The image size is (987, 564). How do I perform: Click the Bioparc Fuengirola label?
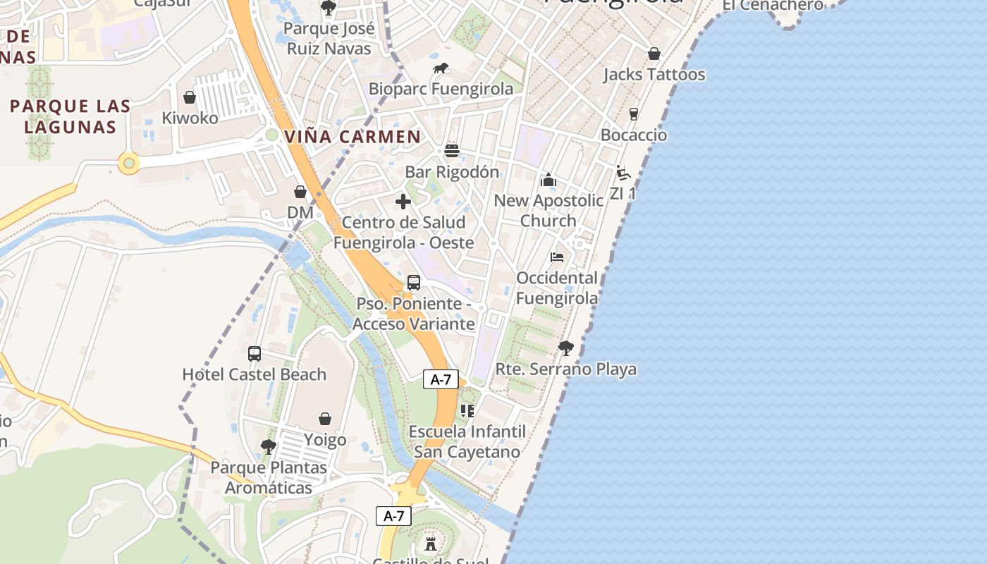441,89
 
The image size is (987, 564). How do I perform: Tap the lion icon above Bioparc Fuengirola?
441,68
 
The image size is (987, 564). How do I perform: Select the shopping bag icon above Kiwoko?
190,97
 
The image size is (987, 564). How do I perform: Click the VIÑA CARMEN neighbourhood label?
352,137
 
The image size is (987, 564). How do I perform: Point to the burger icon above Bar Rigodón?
452,151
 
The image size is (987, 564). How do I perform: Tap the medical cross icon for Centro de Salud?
403,202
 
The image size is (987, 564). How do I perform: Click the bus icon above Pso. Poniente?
414,283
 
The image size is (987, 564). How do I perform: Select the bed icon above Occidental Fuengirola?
557,257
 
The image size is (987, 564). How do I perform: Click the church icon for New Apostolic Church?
548,180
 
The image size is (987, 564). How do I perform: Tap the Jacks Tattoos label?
654,75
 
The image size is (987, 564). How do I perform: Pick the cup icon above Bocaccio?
634,114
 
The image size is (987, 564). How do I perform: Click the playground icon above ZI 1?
623,173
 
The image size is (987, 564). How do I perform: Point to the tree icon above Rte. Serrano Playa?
565,348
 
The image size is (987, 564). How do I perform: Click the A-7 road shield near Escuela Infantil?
441,380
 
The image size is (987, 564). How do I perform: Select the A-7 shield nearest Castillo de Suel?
393,516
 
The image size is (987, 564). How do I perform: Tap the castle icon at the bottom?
431,544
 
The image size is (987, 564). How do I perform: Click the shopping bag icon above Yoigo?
325,419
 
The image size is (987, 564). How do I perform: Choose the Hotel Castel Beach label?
255,374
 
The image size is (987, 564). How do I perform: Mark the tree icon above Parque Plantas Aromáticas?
268,446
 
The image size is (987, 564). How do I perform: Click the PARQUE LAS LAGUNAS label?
70,117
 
